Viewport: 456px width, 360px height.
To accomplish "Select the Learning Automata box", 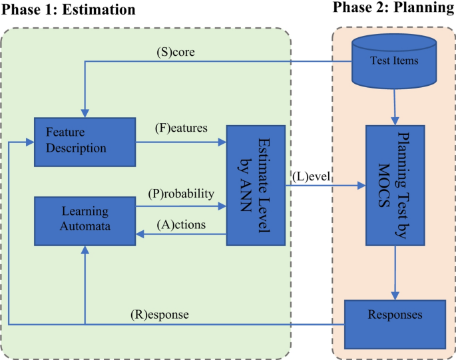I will (85, 218).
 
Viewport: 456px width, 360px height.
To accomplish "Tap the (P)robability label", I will (180, 194).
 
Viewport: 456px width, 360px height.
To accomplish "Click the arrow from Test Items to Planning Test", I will (396, 106).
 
